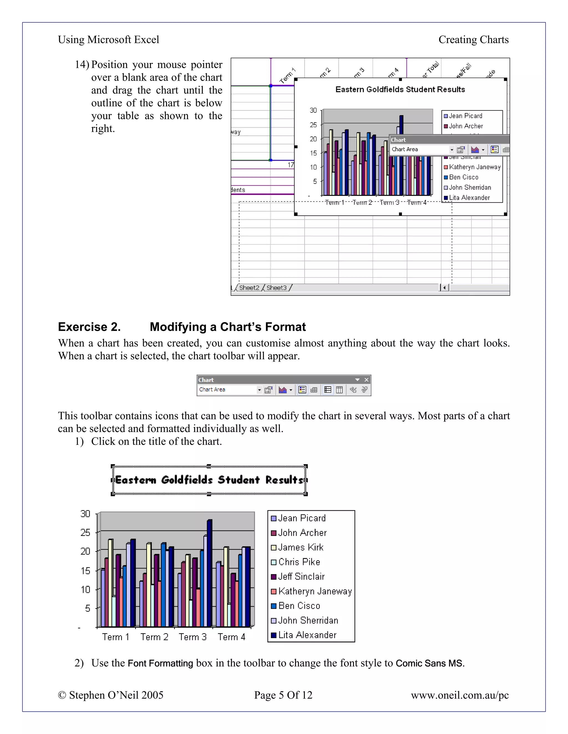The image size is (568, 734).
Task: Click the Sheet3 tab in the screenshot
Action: (x=276, y=288)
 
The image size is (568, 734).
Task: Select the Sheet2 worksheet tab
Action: (x=249, y=288)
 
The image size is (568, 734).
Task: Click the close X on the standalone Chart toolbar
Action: (x=366, y=380)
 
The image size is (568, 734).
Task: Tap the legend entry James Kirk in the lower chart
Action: (x=300, y=548)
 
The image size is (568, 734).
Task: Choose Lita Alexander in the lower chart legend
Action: (x=307, y=635)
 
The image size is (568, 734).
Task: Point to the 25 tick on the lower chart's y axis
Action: (x=85, y=532)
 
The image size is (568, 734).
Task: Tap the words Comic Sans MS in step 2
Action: (x=429, y=663)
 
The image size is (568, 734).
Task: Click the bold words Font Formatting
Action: (x=160, y=663)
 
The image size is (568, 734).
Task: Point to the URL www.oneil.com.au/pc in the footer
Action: (x=459, y=695)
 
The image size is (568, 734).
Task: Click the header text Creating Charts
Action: (x=473, y=40)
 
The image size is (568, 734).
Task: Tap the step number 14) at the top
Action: (x=82, y=65)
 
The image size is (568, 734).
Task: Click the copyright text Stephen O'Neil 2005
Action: (x=111, y=695)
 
